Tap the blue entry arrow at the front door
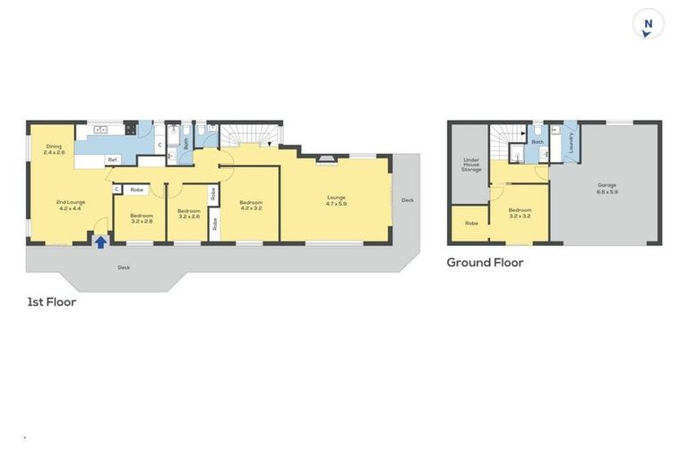[100, 241]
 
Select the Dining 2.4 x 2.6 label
[55, 150]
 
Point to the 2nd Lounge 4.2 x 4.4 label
[71, 205]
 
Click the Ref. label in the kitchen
[113, 160]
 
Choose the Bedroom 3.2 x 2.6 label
[188, 214]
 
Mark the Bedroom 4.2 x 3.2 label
[250, 204]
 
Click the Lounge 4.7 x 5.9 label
[336, 199]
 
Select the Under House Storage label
[471, 165]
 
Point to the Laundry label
[571, 143]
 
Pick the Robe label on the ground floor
[470, 224]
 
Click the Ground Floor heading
[485, 262]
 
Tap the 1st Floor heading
[51, 302]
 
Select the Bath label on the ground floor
[537, 141]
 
